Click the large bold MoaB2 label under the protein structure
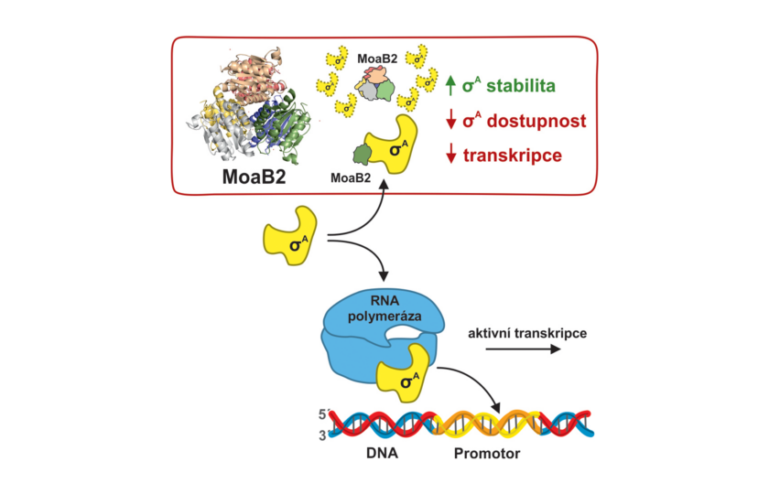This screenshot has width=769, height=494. pyautogui.click(x=254, y=177)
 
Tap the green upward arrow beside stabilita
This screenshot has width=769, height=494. pyautogui.click(x=450, y=86)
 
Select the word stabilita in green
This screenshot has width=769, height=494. pyautogui.click(x=521, y=86)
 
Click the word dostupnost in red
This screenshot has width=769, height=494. pyautogui.click(x=536, y=121)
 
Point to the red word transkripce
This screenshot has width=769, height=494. pyautogui.click(x=513, y=156)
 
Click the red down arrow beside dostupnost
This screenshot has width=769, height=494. pyautogui.click(x=450, y=121)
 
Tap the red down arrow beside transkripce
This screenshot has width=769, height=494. pyautogui.click(x=450, y=155)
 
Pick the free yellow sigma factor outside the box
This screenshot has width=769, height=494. pyautogui.click(x=291, y=236)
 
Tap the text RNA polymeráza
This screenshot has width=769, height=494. pyautogui.click(x=384, y=308)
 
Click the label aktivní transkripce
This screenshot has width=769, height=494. pyautogui.click(x=527, y=334)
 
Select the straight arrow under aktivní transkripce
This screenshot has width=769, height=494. pyautogui.click(x=523, y=349)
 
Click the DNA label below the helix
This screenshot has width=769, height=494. pyautogui.click(x=382, y=454)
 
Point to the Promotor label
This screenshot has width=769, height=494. pyautogui.click(x=486, y=454)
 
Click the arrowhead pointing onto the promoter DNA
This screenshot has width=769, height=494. pyautogui.click(x=496, y=407)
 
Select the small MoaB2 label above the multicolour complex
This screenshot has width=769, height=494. pyautogui.click(x=377, y=59)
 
